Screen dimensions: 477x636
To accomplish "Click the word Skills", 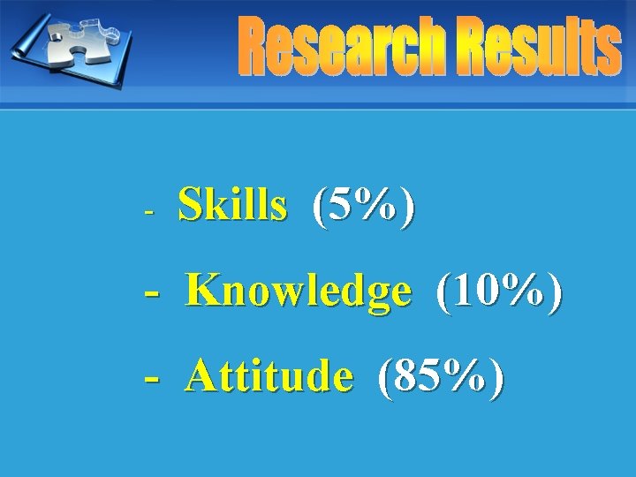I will pyautogui.click(x=232, y=207).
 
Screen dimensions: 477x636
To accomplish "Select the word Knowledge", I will pyautogui.click(x=299, y=291).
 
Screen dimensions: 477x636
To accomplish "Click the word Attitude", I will pyautogui.click(x=269, y=376).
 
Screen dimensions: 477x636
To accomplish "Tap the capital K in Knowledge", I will pyautogui.click(x=204, y=291).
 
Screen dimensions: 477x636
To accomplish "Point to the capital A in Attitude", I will pyautogui.click(x=203, y=376).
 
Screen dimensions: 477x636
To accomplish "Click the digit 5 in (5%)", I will pyautogui.click(x=343, y=207).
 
